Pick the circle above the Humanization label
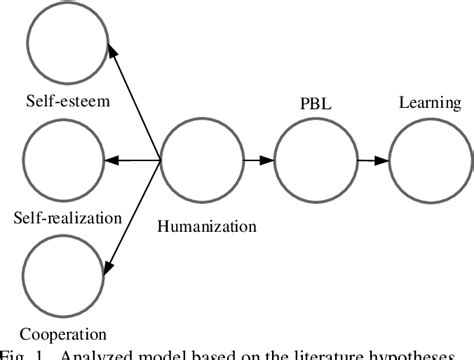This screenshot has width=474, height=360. [x=197, y=159]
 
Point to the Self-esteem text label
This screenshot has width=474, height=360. [x=68, y=104]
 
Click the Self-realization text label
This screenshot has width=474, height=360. [x=68, y=216]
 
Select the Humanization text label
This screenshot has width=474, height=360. [x=207, y=226]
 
